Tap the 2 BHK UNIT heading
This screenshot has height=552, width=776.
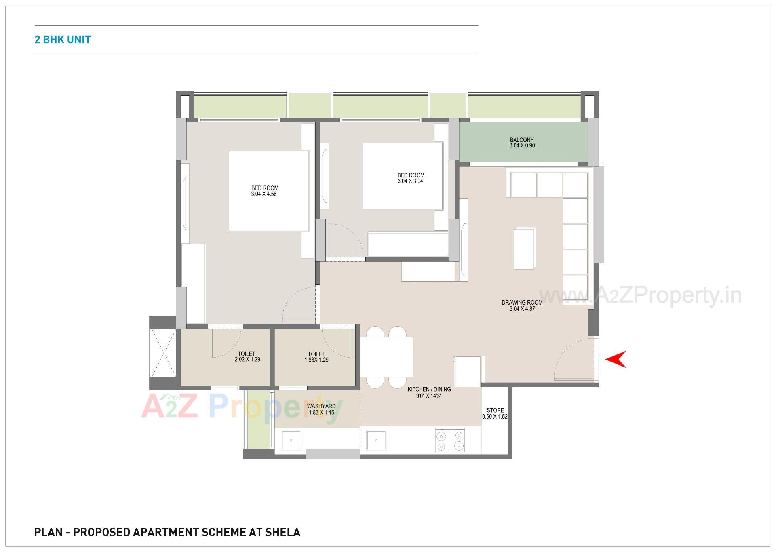pyautogui.click(x=63, y=40)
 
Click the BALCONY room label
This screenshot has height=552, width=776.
pyautogui.click(x=521, y=140)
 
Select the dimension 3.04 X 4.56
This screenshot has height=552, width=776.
pyautogui.click(x=264, y=194)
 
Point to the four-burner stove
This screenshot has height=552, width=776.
pyautogui.click(x=450, y=441)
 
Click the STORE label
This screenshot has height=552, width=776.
pyautogui.click(x=495, y=410)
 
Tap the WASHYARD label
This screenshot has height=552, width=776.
pyautogui.click(x=321, y=406)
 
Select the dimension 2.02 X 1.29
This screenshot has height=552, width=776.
pyautogui.click(x=247, y=360)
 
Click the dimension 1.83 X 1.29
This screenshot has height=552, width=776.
pyautogui.click(x=316, y=360)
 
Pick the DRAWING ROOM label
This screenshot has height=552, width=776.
pyautogui.click(x=522, y=302)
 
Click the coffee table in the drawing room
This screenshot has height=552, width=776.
pyautogui.click(x=525, y=248)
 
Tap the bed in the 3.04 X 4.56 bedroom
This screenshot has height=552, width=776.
pyautogui.click(x=269, y=191)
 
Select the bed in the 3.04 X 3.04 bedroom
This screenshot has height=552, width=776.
pyautogui.click(x=402, y=176)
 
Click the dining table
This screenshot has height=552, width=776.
pyautogui.click(x=386, y=357)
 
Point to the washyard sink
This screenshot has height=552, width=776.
pyautogui.click(x=291, y=440)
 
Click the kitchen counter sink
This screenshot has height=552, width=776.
pyautogui.click(x=376, y=440)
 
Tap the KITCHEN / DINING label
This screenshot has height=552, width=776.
pyautogui.click(x=429, y=389)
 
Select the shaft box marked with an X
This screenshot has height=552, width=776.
pyautogui.click(x=163, y=352)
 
